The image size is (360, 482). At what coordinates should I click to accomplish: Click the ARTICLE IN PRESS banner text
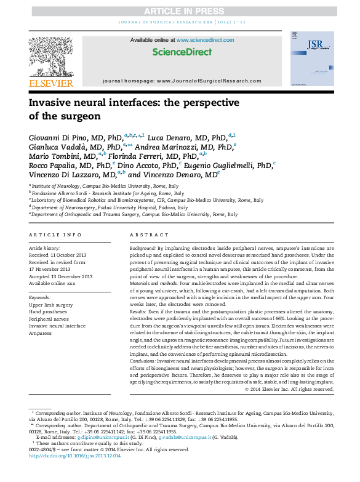click(180, 12)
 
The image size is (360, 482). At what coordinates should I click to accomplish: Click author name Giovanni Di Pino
click(58, 137)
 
